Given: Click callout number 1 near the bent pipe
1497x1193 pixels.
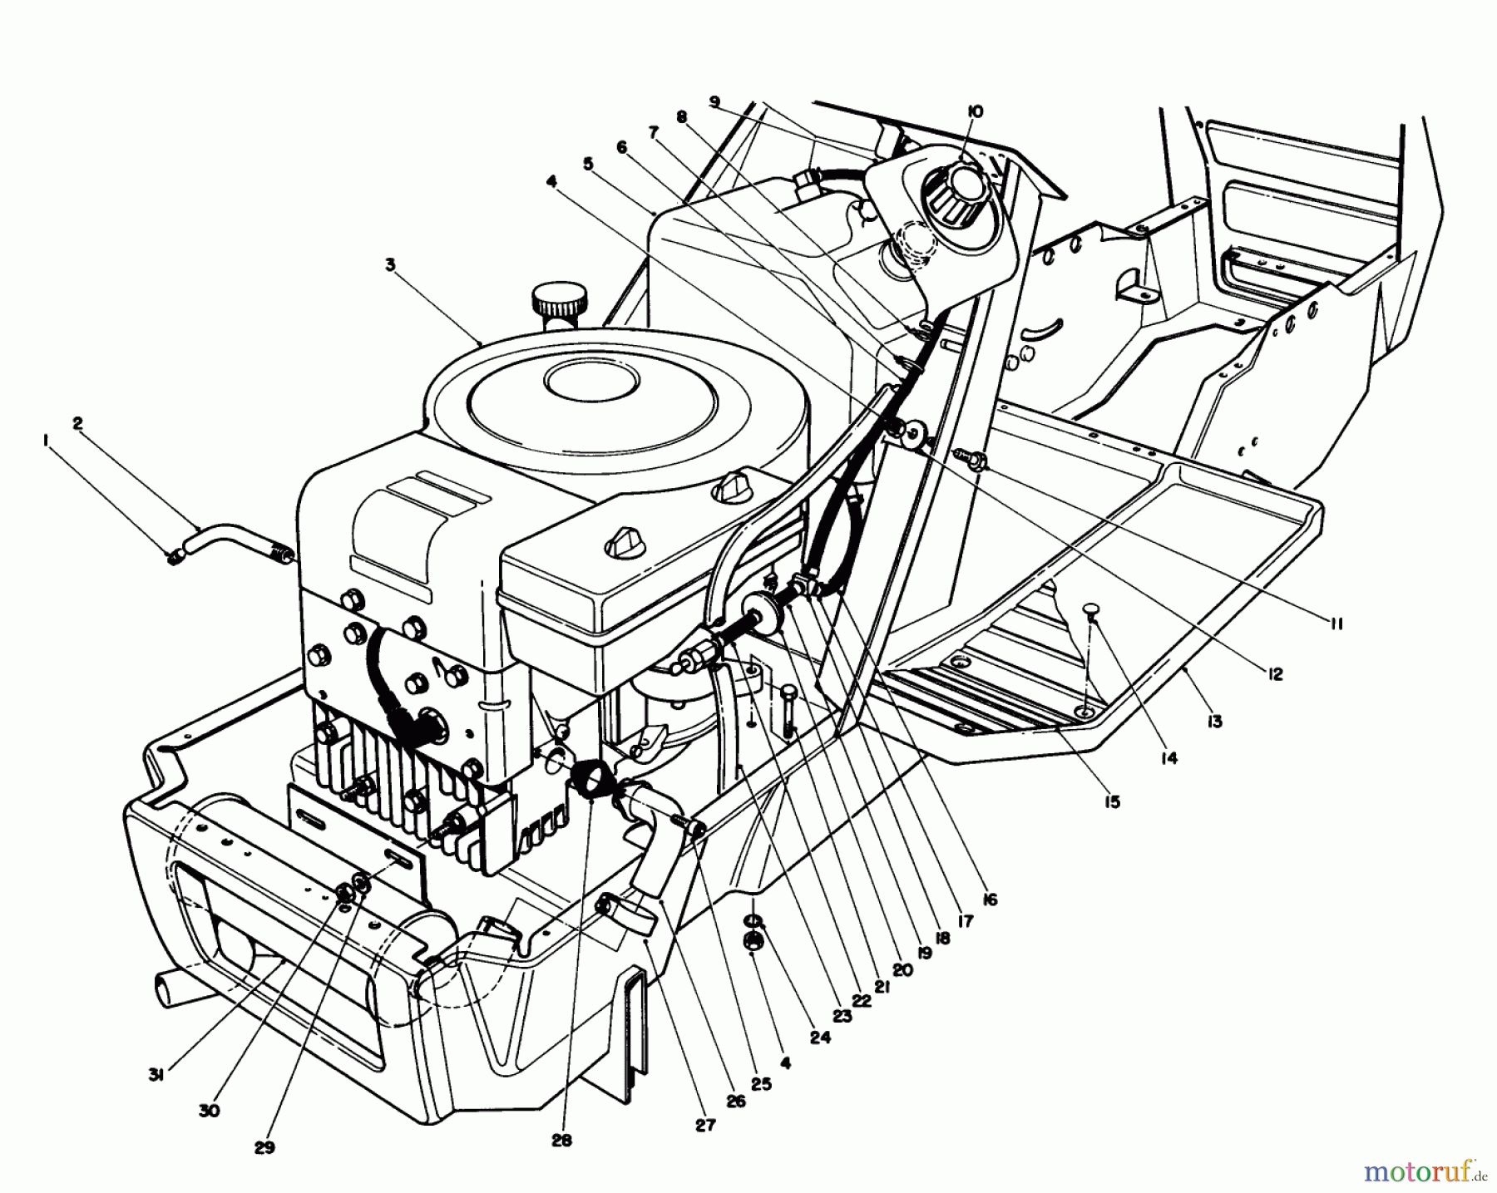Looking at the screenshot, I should coord(46,443).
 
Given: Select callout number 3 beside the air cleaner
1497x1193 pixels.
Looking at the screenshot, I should coord(390,264).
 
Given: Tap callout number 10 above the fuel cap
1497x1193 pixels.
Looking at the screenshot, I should coord(976,111).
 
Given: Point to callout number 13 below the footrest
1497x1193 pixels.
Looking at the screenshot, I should coord(1215,722).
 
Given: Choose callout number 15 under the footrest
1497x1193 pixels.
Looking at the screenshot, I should coord(1112,801).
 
